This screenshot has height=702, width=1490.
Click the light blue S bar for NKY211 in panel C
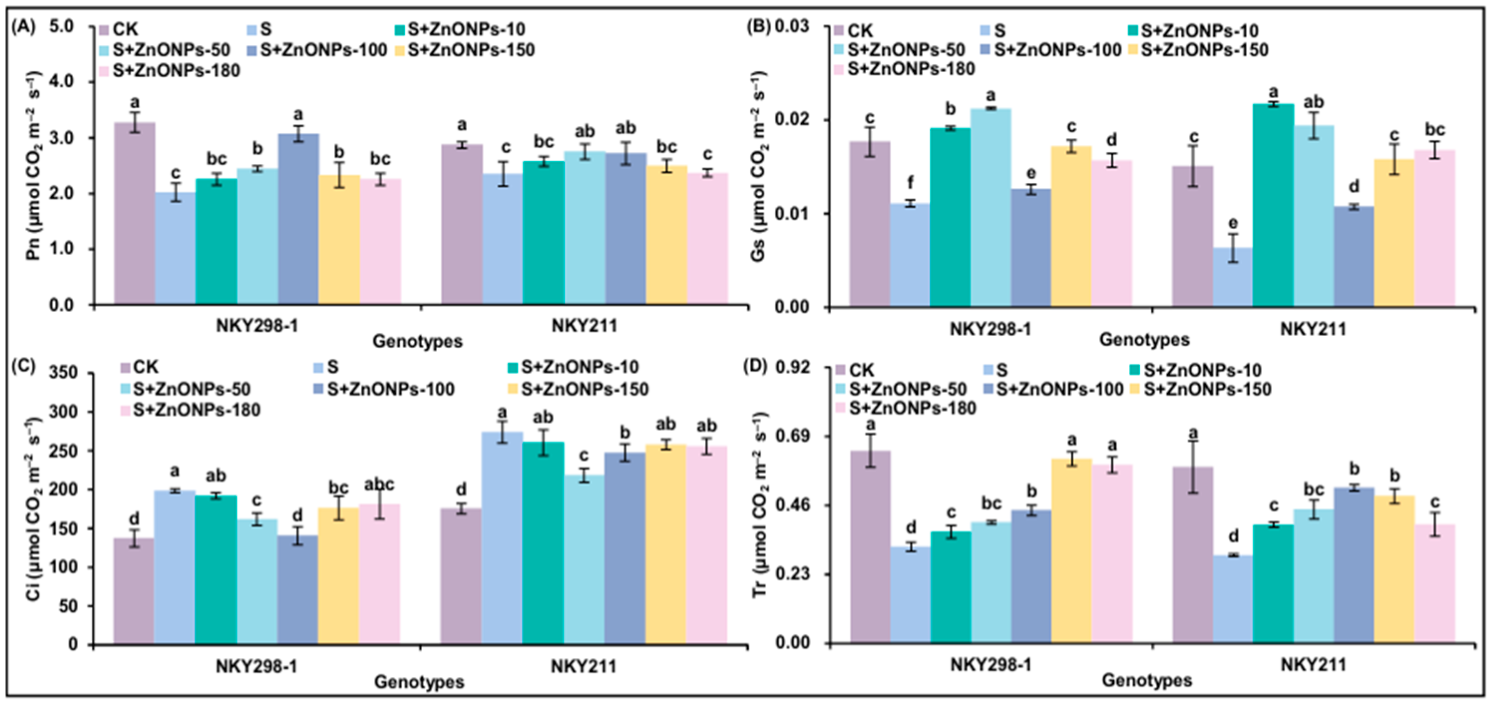501,538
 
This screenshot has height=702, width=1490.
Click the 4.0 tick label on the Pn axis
61,82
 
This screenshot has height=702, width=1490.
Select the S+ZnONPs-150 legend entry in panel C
585,389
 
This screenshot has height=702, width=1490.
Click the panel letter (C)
25,366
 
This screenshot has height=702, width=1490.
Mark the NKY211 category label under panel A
584,325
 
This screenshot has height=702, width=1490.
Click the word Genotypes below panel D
1147,680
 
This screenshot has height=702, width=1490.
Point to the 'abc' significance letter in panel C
379,484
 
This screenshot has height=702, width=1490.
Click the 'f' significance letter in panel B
910,183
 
